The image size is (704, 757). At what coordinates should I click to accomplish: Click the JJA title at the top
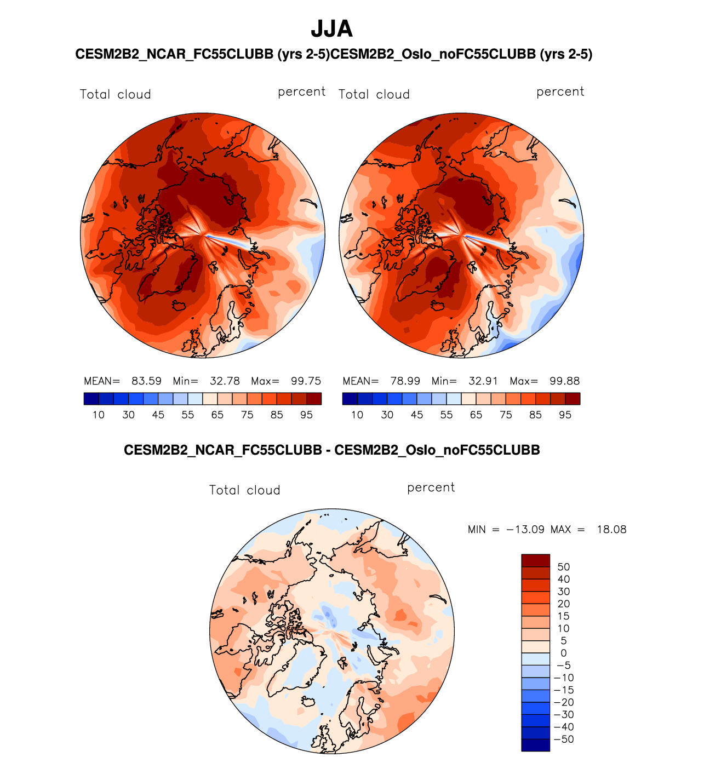(331, 29)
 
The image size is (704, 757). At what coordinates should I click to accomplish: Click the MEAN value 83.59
(146, 381)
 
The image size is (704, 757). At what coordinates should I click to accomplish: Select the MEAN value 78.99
(405, 381)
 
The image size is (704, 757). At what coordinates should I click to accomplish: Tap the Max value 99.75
(306, 381)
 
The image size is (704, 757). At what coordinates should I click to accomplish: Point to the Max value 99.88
(565, 381)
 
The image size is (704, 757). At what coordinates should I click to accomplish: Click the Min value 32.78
(225, 381)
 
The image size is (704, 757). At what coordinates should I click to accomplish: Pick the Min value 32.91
(483, 381)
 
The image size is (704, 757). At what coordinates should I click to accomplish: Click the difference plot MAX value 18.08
(611, 530)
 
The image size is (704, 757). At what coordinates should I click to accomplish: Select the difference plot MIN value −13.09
(525, 530)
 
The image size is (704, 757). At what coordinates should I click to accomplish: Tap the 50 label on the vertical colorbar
(563, 567)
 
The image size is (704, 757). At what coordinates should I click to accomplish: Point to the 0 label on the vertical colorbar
(563, 653)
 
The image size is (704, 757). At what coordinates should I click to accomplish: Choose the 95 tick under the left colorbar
(306, 415)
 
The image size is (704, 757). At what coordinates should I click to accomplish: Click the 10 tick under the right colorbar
(357, 415)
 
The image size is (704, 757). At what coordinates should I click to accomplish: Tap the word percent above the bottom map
(431, 488)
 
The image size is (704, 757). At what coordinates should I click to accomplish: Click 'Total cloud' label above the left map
(115, 94)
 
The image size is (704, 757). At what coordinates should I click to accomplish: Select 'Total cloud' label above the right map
(374, 94)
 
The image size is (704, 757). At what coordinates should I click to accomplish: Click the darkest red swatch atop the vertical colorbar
(535, 560)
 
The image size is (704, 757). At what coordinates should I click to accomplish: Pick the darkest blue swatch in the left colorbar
(91, 399)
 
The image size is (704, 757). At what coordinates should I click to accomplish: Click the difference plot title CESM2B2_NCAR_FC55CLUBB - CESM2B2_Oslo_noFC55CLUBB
(331, 450)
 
